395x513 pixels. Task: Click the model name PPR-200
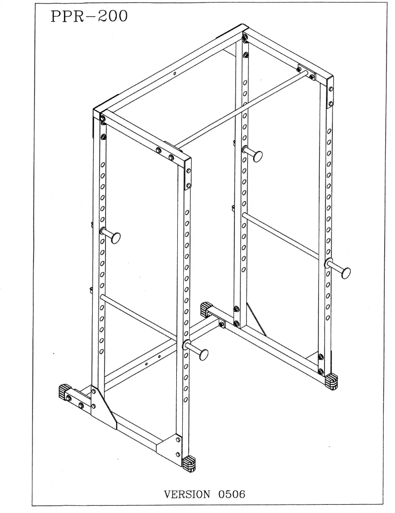pyautogui.click(x=89, y=18)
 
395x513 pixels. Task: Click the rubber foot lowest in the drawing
pyautogui.click(x=189, y=462)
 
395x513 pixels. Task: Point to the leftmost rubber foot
pyautogui.click(x=65, y=392)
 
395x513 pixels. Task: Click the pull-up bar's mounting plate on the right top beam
pyautogui.click(x=305, y=71)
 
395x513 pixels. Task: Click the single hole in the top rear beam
pyautogui.click(x=175, y=74)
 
